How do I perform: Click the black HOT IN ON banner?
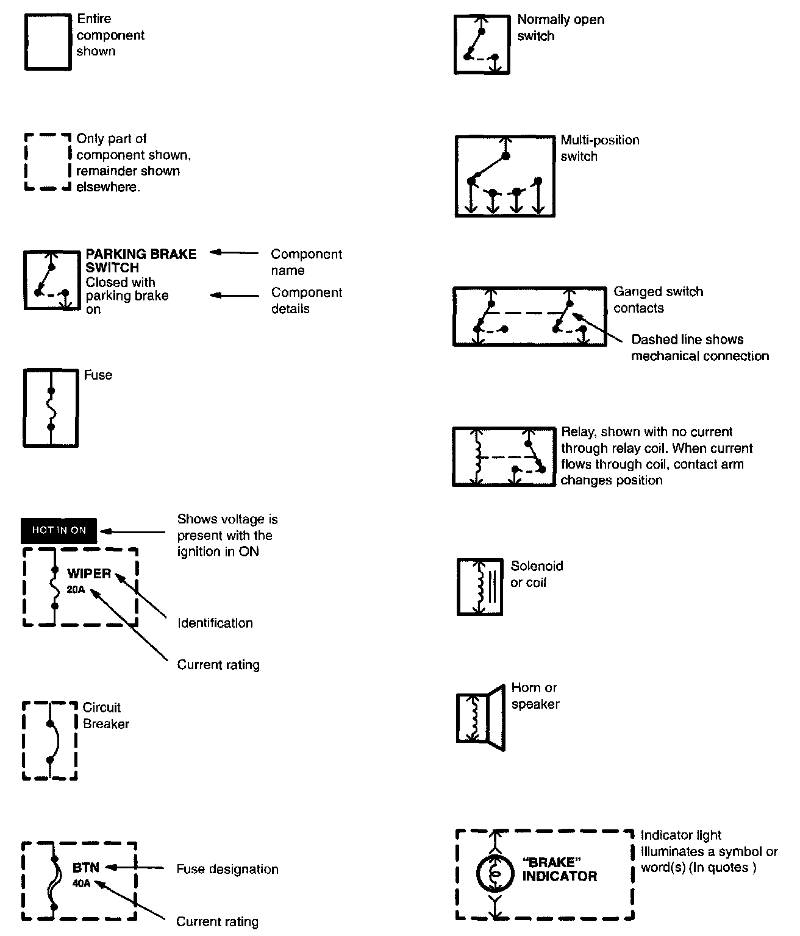59,530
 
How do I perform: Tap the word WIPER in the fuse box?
89,573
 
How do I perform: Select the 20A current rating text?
76,589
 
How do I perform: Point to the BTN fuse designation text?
85,867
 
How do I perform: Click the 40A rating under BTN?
81,883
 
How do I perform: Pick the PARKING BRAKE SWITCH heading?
140,261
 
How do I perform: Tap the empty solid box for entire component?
48,42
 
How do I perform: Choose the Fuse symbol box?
51,407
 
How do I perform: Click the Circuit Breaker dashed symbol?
50,740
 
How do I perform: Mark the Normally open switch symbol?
482,45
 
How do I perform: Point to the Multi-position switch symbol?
505,176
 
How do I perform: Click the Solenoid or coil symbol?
480,587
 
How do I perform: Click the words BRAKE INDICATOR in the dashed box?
559,870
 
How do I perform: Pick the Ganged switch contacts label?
658,300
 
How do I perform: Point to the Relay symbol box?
504,456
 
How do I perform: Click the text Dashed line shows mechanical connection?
699,347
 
